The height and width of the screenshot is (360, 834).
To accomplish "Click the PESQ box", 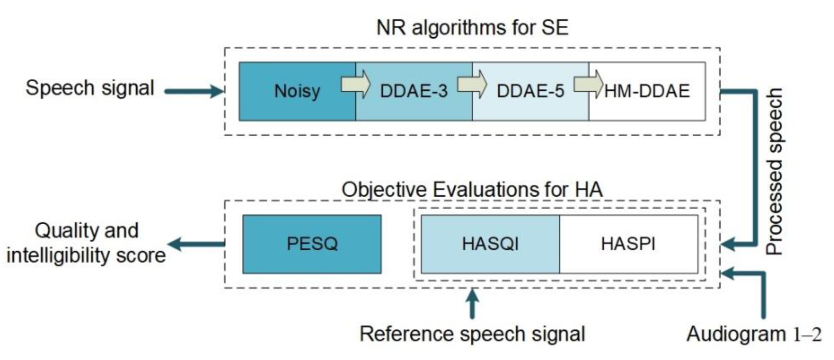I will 312,244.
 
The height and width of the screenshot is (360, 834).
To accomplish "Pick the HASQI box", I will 490,244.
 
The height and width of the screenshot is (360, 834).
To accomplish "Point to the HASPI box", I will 628,244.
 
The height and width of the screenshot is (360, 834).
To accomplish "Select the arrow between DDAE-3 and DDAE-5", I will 472,83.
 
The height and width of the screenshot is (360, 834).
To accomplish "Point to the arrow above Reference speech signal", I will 473,304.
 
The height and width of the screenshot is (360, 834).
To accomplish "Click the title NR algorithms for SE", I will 472,28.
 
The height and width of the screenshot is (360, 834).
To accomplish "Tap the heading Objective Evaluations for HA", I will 472,190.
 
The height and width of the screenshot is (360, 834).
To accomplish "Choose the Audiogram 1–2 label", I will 754,334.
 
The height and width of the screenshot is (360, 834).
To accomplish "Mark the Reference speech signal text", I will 472,334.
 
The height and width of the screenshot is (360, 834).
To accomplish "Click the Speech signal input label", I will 90,88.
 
